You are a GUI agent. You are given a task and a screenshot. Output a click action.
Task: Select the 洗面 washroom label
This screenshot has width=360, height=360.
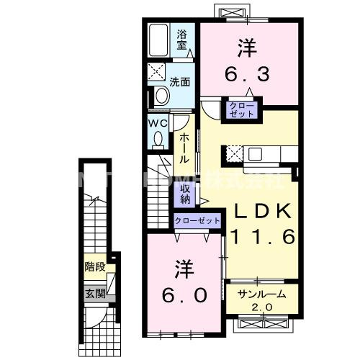click(x=180, y=81)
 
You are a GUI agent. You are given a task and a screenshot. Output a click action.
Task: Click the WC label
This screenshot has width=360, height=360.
click(x=158, y=123)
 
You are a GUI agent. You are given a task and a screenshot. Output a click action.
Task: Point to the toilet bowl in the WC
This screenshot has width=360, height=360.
click(x=158, y=139)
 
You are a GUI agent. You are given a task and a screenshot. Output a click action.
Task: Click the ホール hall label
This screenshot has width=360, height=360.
click(x=184, y=148)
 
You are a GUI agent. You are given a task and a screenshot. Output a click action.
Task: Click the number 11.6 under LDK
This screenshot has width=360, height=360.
click(x=262, y=236)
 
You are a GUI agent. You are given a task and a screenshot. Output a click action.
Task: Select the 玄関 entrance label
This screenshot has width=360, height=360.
click(x=95, y=293)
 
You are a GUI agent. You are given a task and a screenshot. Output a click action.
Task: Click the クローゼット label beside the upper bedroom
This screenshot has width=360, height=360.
click(x=241, y=111)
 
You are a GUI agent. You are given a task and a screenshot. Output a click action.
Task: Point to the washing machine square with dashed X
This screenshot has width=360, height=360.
click(x=156, y=71)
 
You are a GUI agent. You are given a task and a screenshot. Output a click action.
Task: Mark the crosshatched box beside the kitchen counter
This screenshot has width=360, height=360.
click(x=234, y=153)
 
